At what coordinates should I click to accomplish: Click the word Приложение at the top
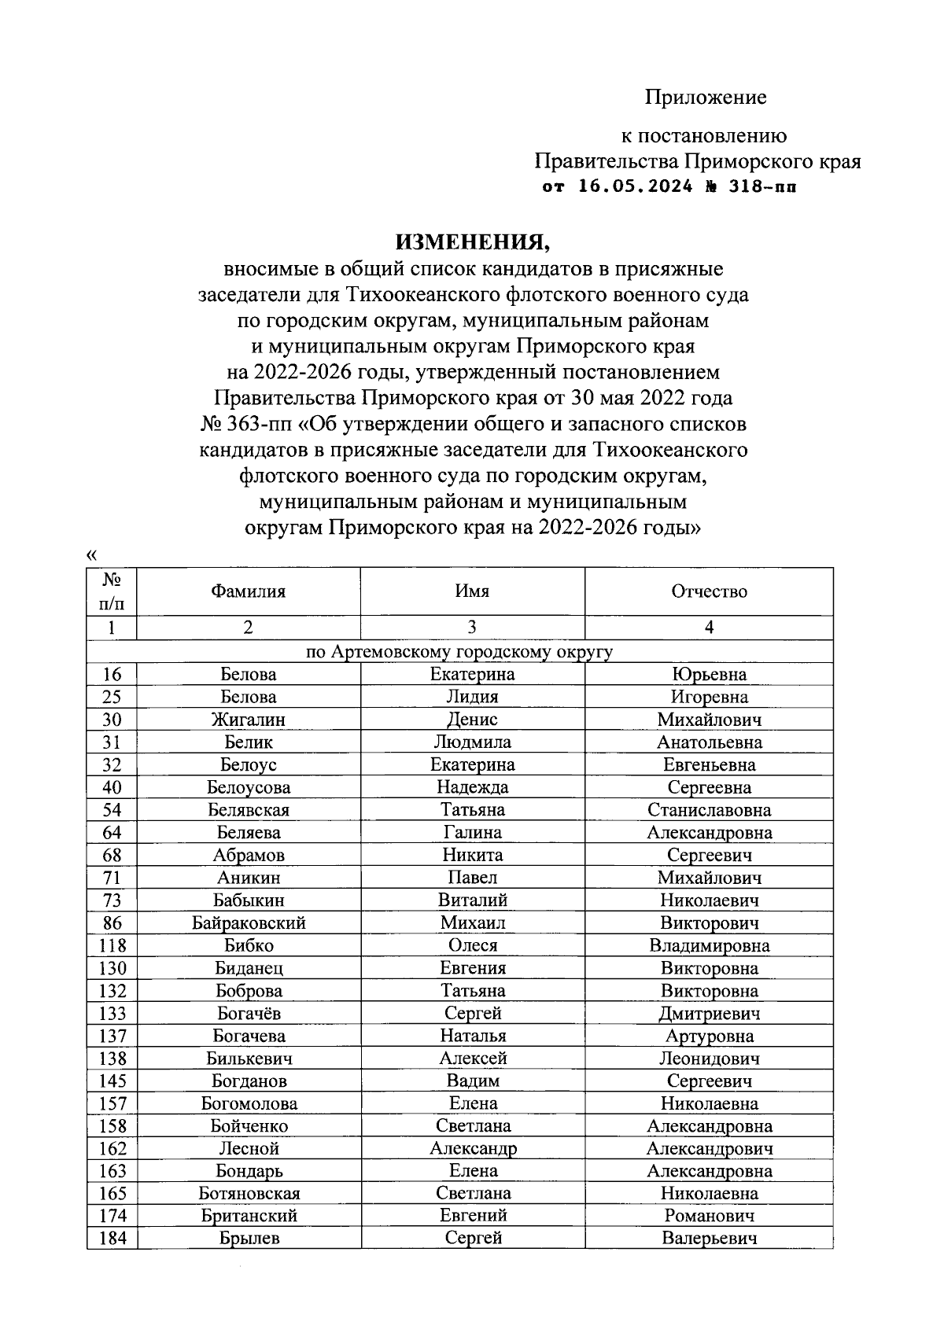click(706, 98)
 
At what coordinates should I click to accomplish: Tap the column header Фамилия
click(248, 591)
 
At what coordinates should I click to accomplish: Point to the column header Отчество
click(709, 591)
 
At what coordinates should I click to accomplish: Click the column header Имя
click(472, 591)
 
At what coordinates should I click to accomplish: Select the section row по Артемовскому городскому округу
click(459, 652)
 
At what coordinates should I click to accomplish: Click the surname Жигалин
click(248, 720)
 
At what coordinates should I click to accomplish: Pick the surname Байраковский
click(248, 923)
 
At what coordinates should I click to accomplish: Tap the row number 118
click(112, 946)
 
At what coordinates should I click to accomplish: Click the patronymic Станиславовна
click(709, 810)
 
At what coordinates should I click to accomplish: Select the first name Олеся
click(472, 946)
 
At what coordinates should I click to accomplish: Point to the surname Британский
click(248, 1217)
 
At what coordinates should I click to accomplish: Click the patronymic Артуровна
click(709, 1037)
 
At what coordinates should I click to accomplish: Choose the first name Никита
click(472, 856)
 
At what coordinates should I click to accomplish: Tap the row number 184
click(112, 1239)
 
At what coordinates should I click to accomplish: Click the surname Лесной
click(248, 1149)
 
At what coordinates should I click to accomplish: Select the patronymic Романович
click(709, 1217)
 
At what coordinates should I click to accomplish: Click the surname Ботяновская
click(248, 1194)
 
